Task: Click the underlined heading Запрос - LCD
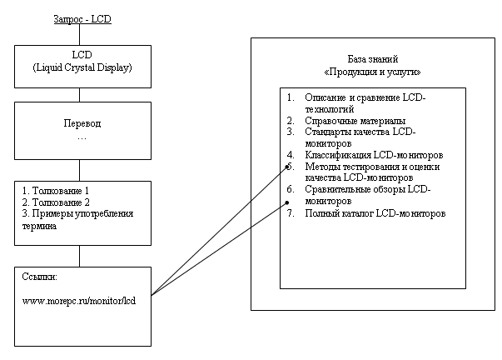pos(82,19)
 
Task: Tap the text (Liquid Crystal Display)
pos(82,67)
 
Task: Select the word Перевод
pos(82,123)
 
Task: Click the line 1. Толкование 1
pos(56,191)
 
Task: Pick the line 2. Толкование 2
pos(56,202)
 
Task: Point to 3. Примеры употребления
pos(77,214)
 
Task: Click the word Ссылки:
pos(39,277)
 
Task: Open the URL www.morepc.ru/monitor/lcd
pos(79,301)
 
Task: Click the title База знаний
pos(373,59)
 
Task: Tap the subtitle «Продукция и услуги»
pos(372,72)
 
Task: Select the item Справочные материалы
pos(355,121)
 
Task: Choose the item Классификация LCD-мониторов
pos(374,155)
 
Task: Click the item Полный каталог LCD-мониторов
pos(375,213)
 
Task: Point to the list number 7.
pos(291,213)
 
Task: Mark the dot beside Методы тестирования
pos(287,167)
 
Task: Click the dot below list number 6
pos(287,202)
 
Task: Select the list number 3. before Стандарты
pos(291,132)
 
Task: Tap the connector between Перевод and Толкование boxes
pos(79,170)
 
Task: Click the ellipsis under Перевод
pos(82,139)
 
